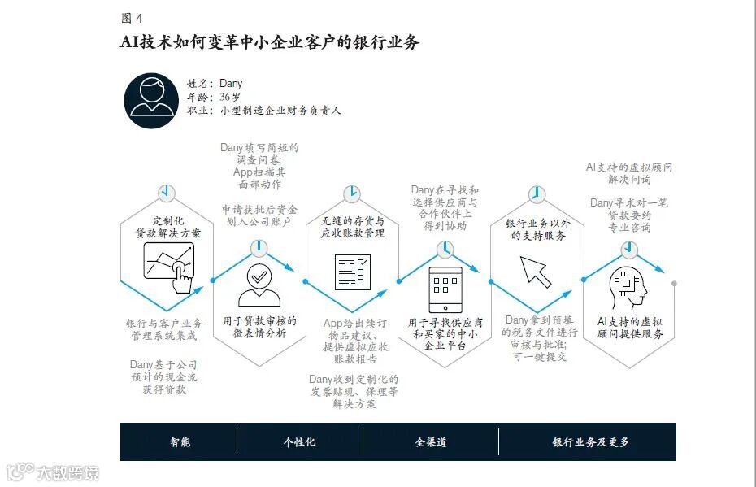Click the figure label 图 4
pyautogui.click(x=131, y=18)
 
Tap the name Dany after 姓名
pyautogui.click(x=231, y=84)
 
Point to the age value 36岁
pyautogui.click(x=230, y=97)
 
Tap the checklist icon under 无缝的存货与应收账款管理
pyautogui.click(x=352, y=272)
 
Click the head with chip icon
pyautogui.click(x=630, y=286)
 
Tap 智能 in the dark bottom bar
pyautogui.click(x=180, y=442)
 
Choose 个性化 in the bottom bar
pyautogui.click(x=299, y=442)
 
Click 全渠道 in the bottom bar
pyautogui.click(x=431, y=442)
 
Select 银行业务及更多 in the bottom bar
pyautogui.click(x=590, y=442)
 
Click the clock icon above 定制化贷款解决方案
pyautogui.click(x=167, y=193)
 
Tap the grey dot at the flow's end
pyautogui.click(x=674, y=283)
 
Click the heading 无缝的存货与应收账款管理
pyautogui.click(x=352, y=227)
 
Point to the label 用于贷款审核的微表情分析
pyautogui.click(x=259, y=327)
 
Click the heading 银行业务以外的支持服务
pyautogui.click(x=537, y=229)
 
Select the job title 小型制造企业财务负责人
pyautogui.click(x=280, y=111)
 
